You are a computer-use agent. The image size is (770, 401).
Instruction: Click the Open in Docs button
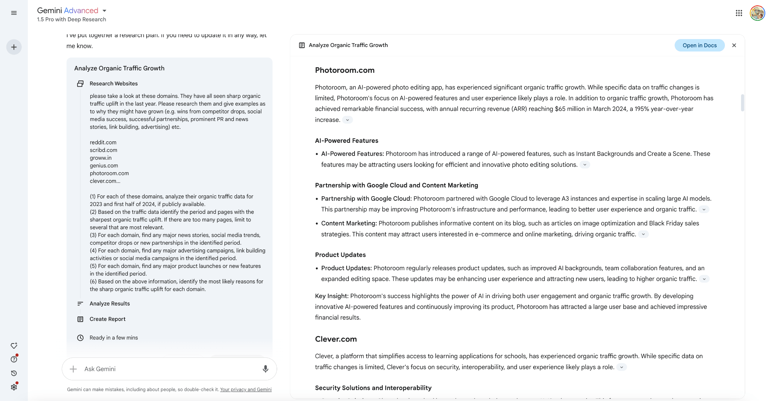pyautogui.click(x=699, y=45)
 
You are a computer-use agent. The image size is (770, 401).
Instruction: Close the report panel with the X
pyautogui.click(x=734, y=45)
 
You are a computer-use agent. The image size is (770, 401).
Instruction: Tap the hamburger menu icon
pyautogui.click(x=14, y=13)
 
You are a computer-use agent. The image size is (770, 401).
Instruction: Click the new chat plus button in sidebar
pyautogui.click(x=14, y=47)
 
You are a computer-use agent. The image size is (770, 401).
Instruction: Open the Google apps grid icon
pyautogui.click(x=739, y=13)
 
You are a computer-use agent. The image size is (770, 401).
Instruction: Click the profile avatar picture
pyautogui.click(x=757, y=13)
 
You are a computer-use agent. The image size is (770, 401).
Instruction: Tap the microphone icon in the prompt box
pyautogui.click(x=265, y=369)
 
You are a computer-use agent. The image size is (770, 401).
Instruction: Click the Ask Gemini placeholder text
pyautogui.click(x=100, y=369)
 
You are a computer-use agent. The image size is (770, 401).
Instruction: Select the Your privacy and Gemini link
pyautogui.click(x=246, y=390)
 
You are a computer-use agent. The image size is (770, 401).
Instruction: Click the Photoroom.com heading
pyautogui.click(x=345, y=70)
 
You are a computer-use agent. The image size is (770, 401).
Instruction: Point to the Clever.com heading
pyautogui.click(x=336, y=339)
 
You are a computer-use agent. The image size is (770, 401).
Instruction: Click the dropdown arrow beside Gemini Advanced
pyautogui.click(x=105, y=11)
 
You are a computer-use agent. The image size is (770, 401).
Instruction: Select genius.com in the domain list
pyautogui.click(x=104, y=166)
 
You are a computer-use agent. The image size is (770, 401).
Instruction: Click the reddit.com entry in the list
pyautogui.click(x=103, y=142)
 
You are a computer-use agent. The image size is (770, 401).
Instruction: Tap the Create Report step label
pyautogui.click(x=108, y=319)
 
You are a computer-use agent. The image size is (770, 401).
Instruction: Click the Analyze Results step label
pyautogui.click(x=109, y=304)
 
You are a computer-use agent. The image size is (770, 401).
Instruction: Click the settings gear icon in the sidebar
pyautogui.click(x=14, y=387)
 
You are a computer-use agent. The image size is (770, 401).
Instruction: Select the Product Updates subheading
pyautogui.click(x=340, y=255)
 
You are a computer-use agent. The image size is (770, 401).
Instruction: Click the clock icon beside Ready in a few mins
pyautogui.click(x=80, y=338)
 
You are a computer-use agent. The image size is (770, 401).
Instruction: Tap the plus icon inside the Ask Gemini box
pyautogui.click(x=73, y=369)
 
